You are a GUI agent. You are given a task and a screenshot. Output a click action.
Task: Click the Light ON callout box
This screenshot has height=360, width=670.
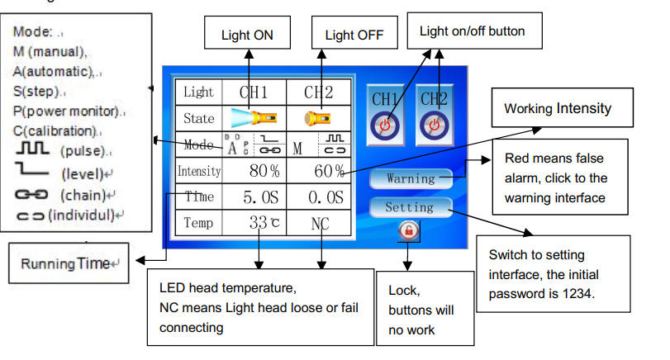pos(247,36)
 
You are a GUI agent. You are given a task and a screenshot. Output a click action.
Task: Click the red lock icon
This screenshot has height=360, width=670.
pos(406,231)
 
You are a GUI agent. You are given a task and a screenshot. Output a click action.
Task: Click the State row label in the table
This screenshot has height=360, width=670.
pos(198,119)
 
